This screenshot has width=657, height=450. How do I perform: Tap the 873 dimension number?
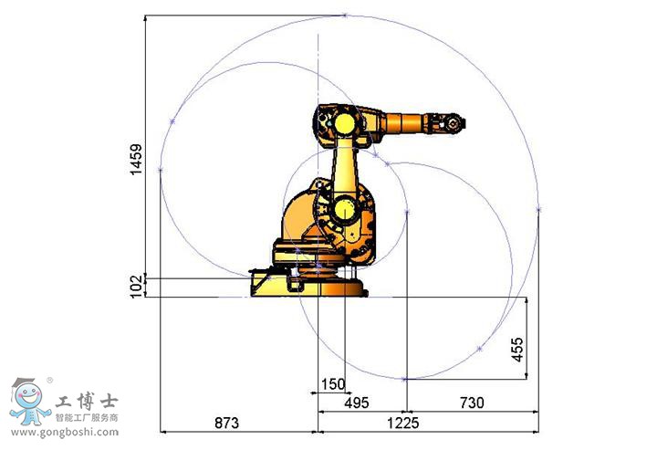pyautogui.click(x=226, y=424)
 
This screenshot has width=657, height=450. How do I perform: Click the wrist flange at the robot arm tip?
pyautogui.click(x=453, y=121)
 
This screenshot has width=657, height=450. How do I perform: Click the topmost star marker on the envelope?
pyautogui.click(x=345, y=15)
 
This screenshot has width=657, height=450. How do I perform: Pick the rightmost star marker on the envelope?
pyautogui.click(x=538, y=209)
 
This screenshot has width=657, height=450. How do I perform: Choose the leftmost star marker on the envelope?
pyautogui.click(x=160, y=169)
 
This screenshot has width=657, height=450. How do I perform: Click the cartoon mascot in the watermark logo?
pyautogui.click(x=26, y=402)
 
